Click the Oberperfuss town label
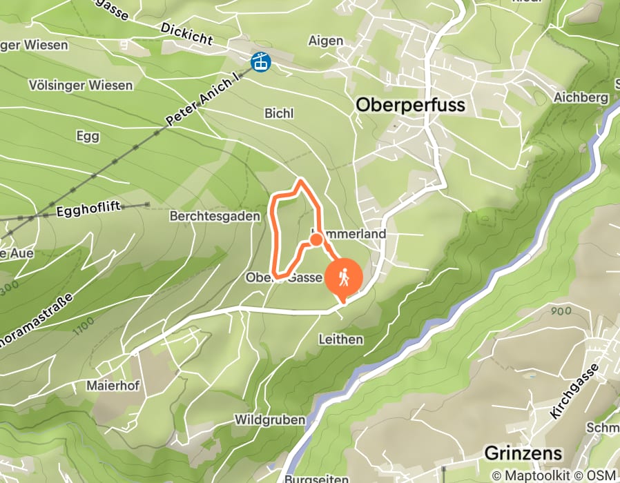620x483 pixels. (410, 106)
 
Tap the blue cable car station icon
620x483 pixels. (261, 61)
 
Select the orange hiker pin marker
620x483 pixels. (343, 277)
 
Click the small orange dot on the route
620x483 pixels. (316, 239)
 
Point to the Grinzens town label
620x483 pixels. (523, 453)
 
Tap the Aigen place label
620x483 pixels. (326, 41)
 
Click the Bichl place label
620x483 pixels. (279, 113)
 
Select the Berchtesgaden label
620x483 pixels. (215, 217)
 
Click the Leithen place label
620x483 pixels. (340, 340)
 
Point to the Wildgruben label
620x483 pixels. (270, 420)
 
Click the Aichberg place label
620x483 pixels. (581, 97)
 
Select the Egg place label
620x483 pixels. (88, 137)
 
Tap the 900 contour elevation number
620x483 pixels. (561, 311)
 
